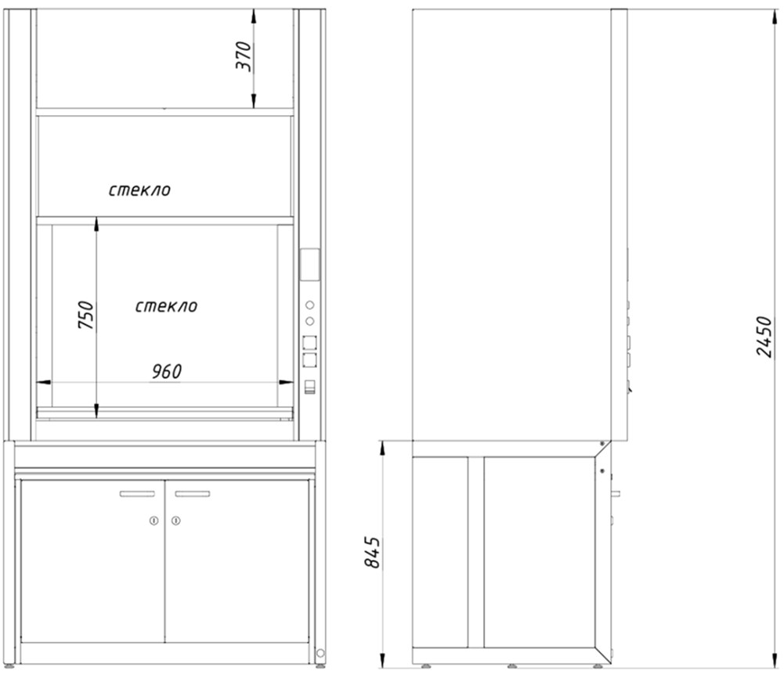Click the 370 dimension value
click(x=244, y=56)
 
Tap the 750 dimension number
click(x=86, y=314)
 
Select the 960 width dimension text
click(x=167, y=371)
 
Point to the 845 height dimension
click(x=372, y=552)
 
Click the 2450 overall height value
click(x=764, y=336)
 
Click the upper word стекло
click(x=139, y=190)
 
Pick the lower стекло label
click(x=167, y=306)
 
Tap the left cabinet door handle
click(x=137, y=494)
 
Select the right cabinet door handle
click(x=193, y=494)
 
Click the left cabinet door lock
click(x=154, y=521)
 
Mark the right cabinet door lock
click(x=175, y=521)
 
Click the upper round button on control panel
click(x=309, y=305)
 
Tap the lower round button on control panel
click(x=309, y=321)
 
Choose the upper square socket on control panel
click(x=309, y=343)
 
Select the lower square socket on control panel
click(x=309, y=360)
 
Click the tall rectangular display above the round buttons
click(x=309, y=265)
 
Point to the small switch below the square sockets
click(x=310, y=388)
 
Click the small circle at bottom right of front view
click(x=320, y=653)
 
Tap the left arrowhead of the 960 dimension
click(x=44, y=382)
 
